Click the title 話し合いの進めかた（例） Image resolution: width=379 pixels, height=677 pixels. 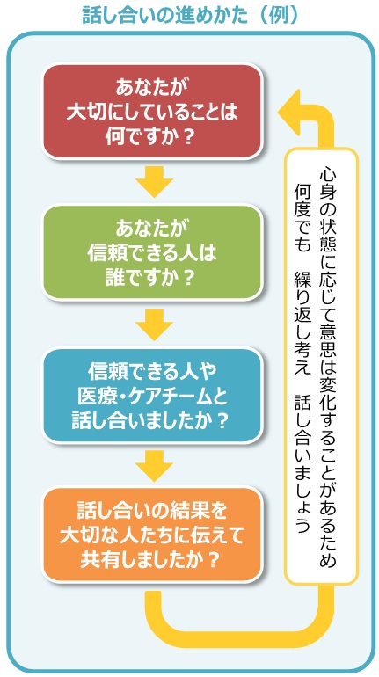189,15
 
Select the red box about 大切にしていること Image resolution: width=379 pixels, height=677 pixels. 153,111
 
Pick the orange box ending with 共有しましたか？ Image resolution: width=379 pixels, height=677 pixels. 153,535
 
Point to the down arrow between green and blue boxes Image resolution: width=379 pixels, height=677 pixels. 153,324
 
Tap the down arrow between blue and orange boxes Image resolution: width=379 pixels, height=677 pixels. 153,465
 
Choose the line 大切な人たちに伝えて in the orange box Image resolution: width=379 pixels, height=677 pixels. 153,535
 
